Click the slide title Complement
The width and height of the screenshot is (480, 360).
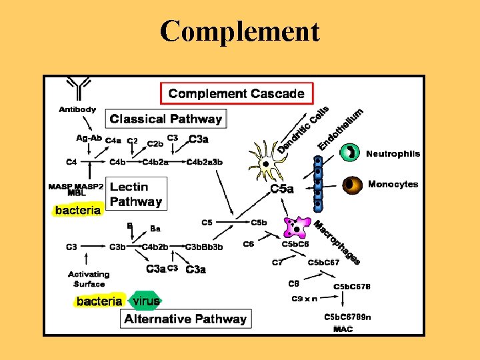(240, 31)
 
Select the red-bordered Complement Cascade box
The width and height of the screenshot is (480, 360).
(237, 93)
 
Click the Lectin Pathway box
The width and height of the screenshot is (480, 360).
(136, 194)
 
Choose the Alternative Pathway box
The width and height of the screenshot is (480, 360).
(185, 319)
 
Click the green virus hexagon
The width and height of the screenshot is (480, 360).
(145, 301)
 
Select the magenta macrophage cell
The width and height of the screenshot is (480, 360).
(295, 227)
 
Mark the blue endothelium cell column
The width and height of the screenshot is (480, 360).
(318, 181)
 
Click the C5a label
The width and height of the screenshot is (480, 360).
(282, 189)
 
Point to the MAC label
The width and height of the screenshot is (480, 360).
(343, 329)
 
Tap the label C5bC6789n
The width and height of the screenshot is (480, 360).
(347, 317)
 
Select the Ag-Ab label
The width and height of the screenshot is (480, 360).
(89, 138)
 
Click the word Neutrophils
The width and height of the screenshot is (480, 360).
(393, 153)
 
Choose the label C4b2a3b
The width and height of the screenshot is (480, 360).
(205, 161)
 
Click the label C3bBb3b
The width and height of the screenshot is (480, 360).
(204, 247)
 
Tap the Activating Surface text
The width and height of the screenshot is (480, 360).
(89, 279)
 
